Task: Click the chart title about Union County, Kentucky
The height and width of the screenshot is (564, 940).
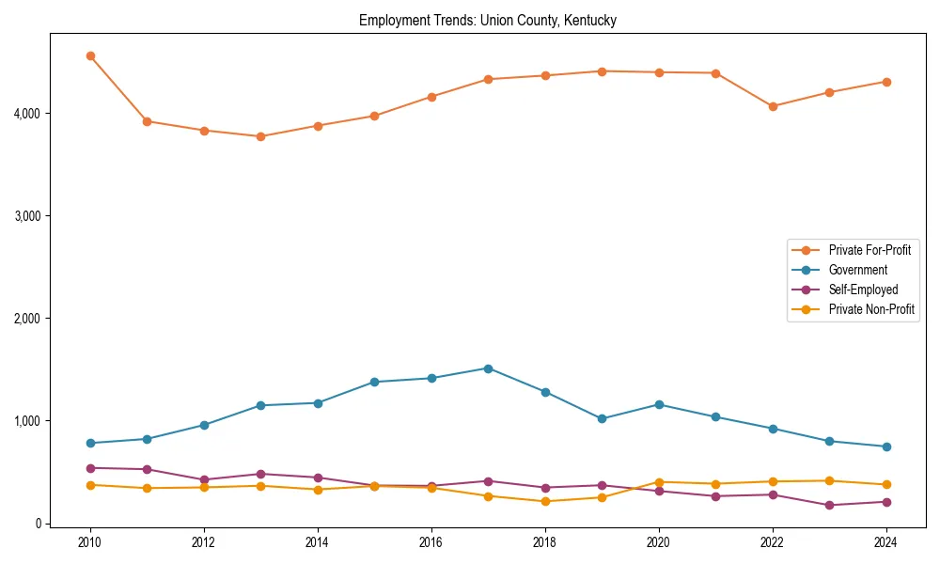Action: pyautogui.click(x=487, y=21)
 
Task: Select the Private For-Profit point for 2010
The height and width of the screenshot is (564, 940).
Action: pyautogui.click(x=90, y=56)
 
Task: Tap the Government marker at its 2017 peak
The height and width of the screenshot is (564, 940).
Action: pyautogui.click(x=488, y=368)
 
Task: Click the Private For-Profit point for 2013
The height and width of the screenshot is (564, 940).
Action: pyautogui.click(x=260, y=136)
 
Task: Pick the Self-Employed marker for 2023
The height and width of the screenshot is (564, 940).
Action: pyautogui.click(x=829, y=505)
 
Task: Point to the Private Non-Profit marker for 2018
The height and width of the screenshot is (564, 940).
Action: pyautogui.click(x=545, y=501)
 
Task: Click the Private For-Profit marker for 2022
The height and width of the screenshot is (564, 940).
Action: pyautogui.click(x=773, y=106)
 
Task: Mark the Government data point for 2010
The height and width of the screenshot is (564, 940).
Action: pyautogui.click(x=90, y=443)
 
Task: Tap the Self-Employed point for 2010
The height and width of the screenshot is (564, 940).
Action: pyautogui.click(x=90, y=468)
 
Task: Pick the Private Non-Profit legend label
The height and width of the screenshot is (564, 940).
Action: pyautogui.click(x=871, y=309)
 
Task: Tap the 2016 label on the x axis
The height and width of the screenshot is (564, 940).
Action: pyautogui.click(x=431, y=542)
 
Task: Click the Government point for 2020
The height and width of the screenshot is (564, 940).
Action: pyautogui.click(x=659, y=404)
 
